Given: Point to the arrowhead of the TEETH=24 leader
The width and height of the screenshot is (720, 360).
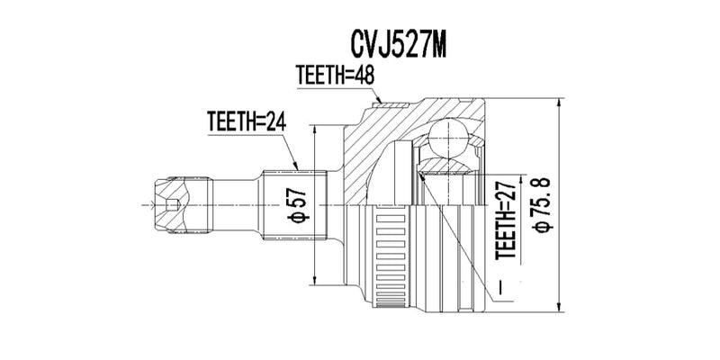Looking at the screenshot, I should tap(296, 168).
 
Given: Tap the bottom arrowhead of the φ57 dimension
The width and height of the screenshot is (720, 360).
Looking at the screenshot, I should tap(314, 277).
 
